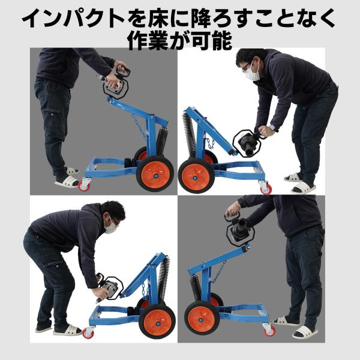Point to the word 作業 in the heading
(x=149, y=41)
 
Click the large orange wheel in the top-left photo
(x=155, y=173)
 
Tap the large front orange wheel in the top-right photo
(x=196, y=176)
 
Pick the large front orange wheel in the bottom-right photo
(x=202, y=318)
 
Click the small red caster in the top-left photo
(x=84, y=185)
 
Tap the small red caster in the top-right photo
(x=265, y=189)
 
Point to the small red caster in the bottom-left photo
(x=88, y=332)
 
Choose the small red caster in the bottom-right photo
(x=269, y=331)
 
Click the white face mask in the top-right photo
(x=251, y=72)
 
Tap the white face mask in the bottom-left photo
(x=110, y=226)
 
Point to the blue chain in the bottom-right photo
(x=219, y=272)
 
